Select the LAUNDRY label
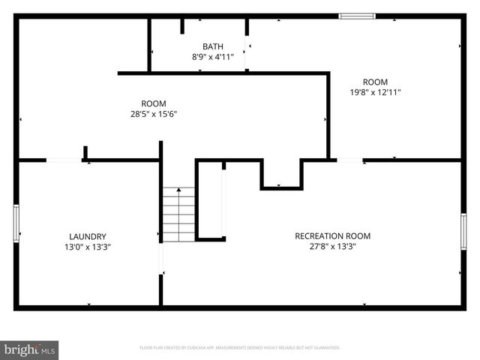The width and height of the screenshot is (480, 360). pyautogui.click(x=88, y=235)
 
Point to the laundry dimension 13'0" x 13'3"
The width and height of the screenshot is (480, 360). pyautogui.click(x=88, y=246)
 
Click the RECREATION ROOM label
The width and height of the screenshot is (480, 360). pyautogui.click(x=332, y=235)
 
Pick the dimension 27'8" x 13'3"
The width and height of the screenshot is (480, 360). pyautogui.click(x=332, y=246)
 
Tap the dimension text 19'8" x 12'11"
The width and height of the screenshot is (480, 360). pyautogui.click(x=375, y=92)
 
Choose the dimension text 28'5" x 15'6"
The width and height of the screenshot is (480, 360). pyautogui.click(x=154, y=114)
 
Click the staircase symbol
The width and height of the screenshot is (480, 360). pyautogui.click(x=179, y=214)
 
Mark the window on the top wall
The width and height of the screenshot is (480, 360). pyautogui.click(x=356, y=16)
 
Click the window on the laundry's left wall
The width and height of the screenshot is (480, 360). pyautogui.click(x=16, y=223)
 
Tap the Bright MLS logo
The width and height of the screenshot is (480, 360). pyautogui.click(x=30, y=350)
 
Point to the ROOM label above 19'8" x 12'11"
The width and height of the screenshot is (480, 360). pyautogui.click(x=375, y=82)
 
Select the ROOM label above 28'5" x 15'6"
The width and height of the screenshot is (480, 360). pyautogui.click(x=154, y=103)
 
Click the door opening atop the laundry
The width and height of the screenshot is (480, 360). pyautogui.click(x=64, y=160)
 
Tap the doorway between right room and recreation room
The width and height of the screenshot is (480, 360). pyautogui.click(x=350, y=160)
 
